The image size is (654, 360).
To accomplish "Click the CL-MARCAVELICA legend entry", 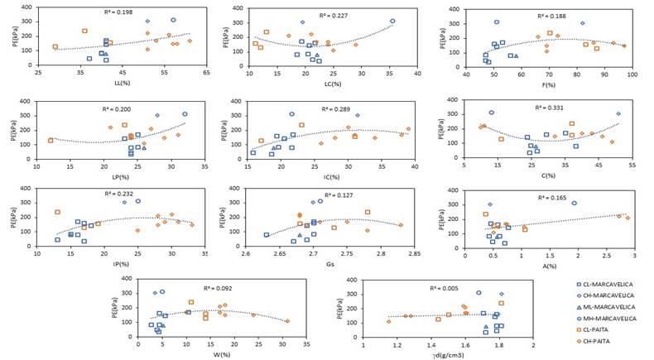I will (x=606, y=284).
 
